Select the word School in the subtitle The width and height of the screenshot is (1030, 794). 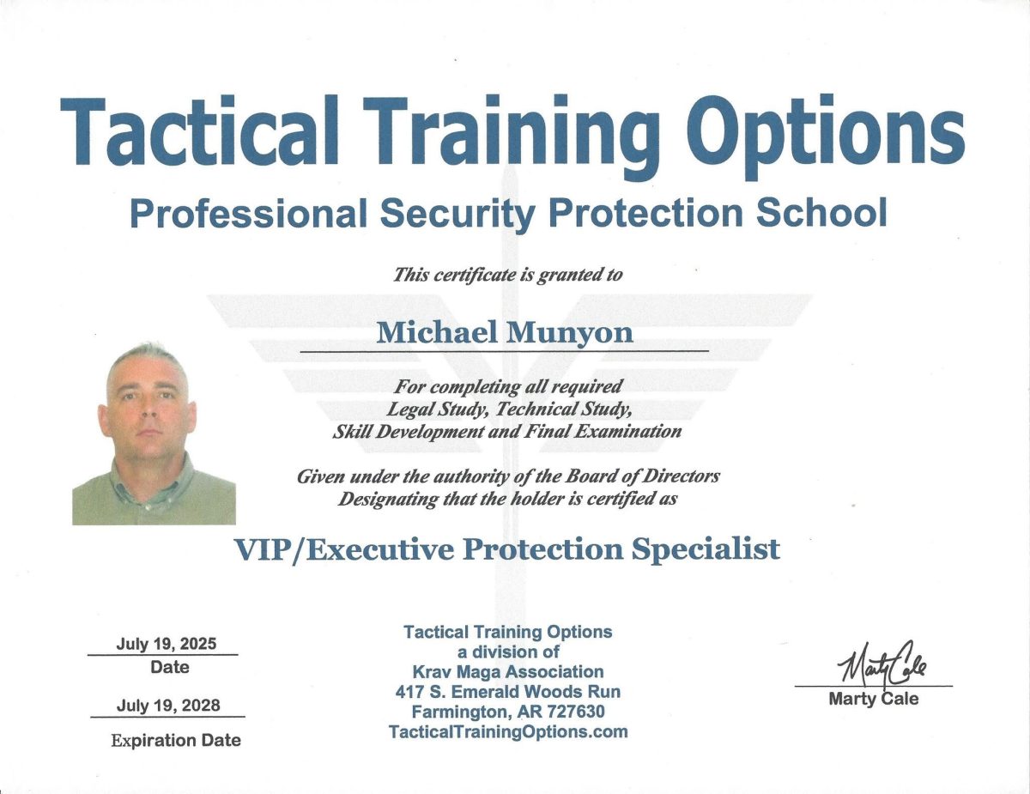click(821, 213)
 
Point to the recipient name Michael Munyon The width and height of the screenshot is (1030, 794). click(505, 332)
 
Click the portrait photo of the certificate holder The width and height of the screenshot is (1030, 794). click(154, 433)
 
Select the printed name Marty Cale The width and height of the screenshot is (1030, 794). click(873, 699)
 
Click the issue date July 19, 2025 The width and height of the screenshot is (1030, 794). click(167, 644)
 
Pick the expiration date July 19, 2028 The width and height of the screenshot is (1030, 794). click(168, 706)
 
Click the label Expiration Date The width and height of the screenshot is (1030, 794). click(176, 740)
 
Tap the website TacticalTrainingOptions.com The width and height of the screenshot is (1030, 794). click(508, 731)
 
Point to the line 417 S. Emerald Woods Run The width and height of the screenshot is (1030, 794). click(508, 692)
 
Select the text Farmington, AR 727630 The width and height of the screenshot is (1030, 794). click(508, 712)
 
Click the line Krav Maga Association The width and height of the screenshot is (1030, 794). click(508, 672)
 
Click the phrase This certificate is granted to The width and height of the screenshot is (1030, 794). click(507, 275)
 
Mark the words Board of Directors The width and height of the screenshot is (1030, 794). click(642, 476)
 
